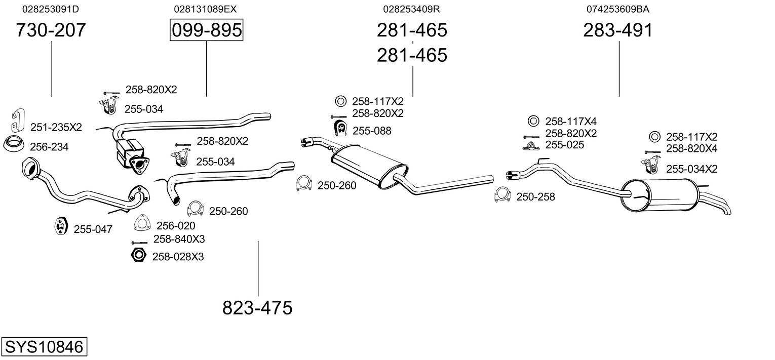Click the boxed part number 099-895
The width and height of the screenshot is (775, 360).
point(207,30)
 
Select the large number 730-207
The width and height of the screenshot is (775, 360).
point(51,30)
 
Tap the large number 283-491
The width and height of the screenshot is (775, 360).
point(618,30)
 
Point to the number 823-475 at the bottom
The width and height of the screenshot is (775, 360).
point(257,307)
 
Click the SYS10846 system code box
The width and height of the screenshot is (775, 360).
point(44,346)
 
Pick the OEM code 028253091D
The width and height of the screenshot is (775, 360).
point(51,9)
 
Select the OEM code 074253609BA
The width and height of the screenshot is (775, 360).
point(618,9)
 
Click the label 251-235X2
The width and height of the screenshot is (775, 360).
point(56,127)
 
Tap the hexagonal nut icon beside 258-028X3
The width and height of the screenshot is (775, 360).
point(139,255)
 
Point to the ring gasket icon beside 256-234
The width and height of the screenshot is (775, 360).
point(14,144)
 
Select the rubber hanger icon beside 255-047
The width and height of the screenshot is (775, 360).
point(61,226)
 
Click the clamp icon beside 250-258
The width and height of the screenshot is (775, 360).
point(502,195)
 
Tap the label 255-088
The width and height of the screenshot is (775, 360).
point(372,131)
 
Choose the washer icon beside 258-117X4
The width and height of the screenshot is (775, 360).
point(533,121)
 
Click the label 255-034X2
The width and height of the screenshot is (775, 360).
point(692,169)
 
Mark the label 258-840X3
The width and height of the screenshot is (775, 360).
point(179,239)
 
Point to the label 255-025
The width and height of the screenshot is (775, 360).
point(565,144)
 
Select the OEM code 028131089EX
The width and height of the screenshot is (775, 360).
point(205,9)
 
